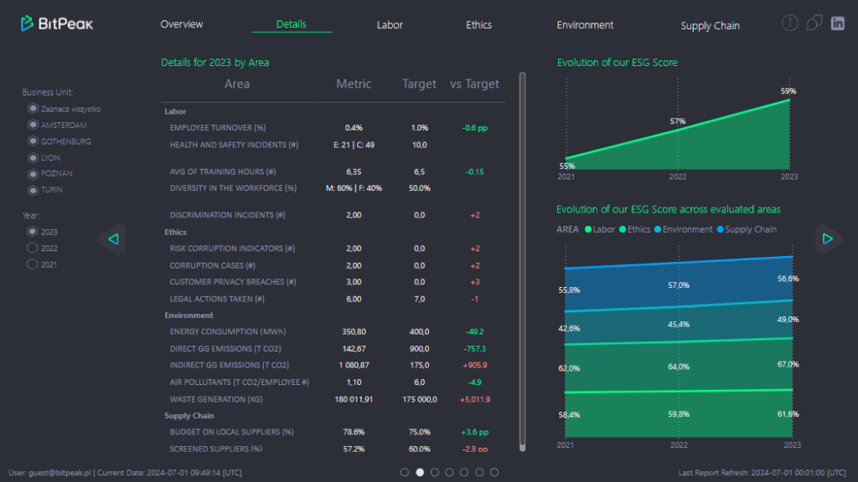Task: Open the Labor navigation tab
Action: [390, 25]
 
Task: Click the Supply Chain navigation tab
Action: [710, 26]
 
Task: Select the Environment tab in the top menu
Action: [585, 25]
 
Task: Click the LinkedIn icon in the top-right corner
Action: [837, 23]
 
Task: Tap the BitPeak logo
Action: [57, 23]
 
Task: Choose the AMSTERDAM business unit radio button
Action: [33, 125]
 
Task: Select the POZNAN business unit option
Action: [33, 173]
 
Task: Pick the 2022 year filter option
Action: [33, 248]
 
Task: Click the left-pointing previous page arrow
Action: [113, 239]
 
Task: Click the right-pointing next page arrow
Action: [827, 239]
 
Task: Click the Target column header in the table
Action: [419, 84]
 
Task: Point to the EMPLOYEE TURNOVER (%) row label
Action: [217, 128]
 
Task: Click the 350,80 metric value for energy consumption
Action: [354, 332]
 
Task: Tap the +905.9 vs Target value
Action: [474, 366]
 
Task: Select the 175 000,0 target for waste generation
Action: [419, 399]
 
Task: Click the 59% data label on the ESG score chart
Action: [788, 91]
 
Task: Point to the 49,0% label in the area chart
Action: [788, 320]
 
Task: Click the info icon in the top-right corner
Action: [789, 23]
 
